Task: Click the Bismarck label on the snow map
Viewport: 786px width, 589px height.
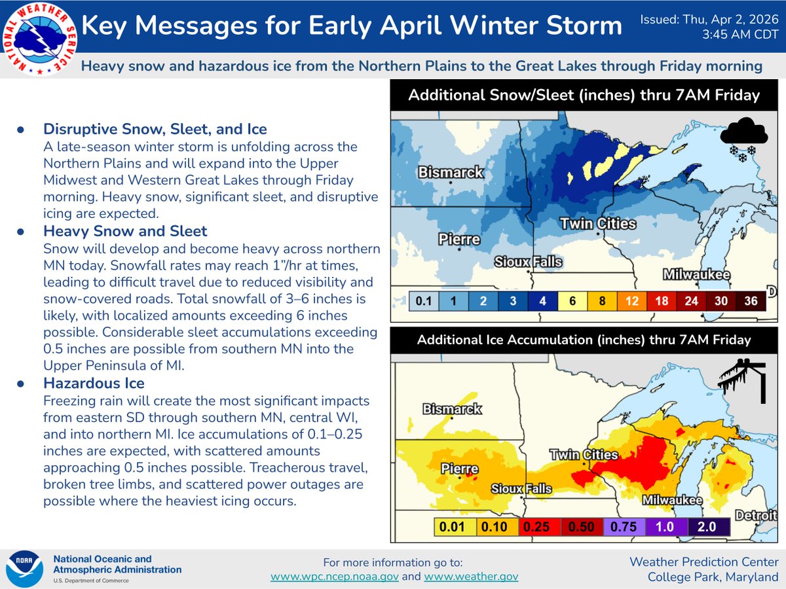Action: pos(451,173)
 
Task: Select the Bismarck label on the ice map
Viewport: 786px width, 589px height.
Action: pos(452,409)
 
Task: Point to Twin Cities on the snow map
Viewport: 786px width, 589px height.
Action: pos(597,224)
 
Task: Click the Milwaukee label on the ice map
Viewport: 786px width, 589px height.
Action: pos(672,501)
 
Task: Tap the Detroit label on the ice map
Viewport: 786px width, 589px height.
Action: pos(755,515)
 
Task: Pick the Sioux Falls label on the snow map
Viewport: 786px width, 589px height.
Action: pos(528,262)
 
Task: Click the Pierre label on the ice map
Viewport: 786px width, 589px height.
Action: pos(459,469)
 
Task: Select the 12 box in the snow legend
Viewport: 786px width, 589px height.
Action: pos(631,302)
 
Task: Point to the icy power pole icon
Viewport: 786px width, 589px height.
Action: pos(743,380)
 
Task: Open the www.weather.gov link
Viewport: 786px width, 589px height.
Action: pos(471,577)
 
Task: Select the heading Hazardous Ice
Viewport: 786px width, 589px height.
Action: pos(94,383)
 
